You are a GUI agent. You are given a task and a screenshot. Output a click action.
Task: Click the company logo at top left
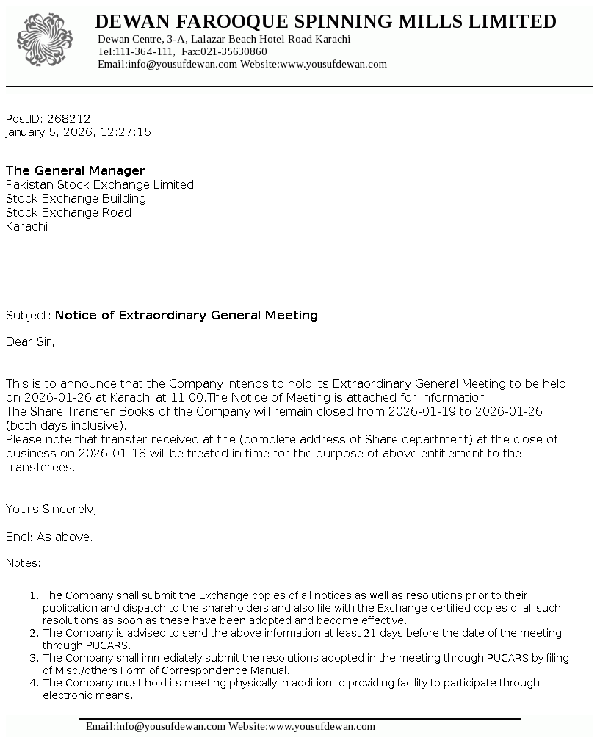(45, 40)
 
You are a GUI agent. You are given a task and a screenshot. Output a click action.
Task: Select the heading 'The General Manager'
(76, 170)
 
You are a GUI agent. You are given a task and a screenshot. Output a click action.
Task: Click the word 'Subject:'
(29, 315)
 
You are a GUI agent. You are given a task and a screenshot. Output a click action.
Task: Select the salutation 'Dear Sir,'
(30, 341)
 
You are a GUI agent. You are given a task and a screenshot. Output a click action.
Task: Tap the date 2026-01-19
(422, 411)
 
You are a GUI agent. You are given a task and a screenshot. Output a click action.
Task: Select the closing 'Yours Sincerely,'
(51, 509)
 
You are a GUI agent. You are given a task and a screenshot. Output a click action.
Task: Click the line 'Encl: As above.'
(49, 537)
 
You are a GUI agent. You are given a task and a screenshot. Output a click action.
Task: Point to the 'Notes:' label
(24, 563)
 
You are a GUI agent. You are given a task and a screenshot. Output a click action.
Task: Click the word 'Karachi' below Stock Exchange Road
(26, 226)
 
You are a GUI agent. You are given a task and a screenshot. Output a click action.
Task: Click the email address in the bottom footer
(156, 726)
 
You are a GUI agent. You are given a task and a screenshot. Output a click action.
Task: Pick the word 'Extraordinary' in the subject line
(162, 315)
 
